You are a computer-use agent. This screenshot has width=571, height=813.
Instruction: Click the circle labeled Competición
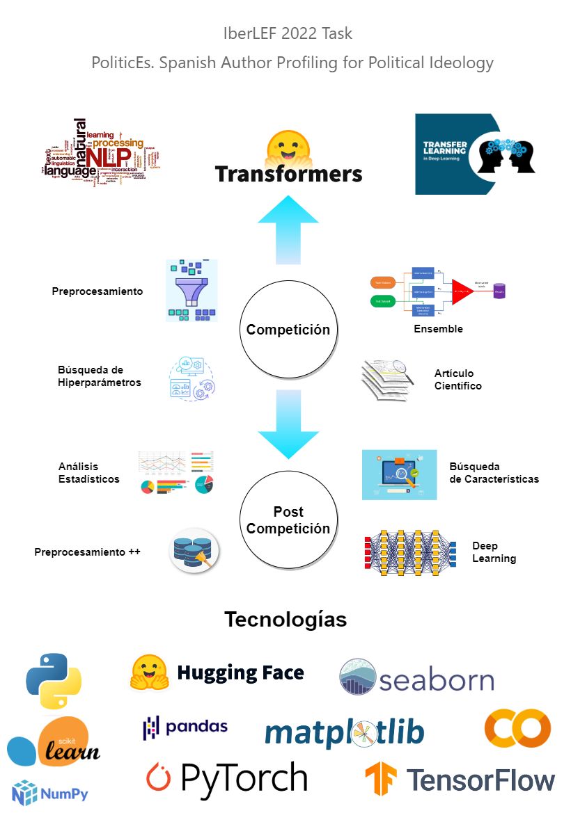pyautogui.click(x=288, y=329)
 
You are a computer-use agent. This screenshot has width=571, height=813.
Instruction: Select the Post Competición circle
pyautogui.click(x=288, y=520)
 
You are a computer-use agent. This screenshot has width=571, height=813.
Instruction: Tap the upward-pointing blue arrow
pyautogui.click(x=288, y=230)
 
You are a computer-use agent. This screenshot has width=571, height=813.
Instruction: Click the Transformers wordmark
pyautogui.click(x=288, y=173)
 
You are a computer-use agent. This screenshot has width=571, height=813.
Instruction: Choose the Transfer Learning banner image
pyautogui.click(x=476, y=154)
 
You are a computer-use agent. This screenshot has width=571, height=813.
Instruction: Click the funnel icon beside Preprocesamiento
pyautogui.click(x=191, y=290)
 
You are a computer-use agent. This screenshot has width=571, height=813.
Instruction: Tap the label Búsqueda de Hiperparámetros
pyautogui.click(x=100, y=376)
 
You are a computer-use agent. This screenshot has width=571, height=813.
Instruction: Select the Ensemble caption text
pyautogui.click(x=438, y=329)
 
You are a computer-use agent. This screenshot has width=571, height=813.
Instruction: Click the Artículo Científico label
pyautogui.click(x=457, y=379)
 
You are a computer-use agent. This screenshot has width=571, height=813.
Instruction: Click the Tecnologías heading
pyautogui.click(x=285, y=619)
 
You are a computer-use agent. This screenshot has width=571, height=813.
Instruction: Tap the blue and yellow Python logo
pyautogui.click(x=54, y=681)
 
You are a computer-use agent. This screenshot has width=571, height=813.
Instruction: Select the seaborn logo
pyautogui.click(x=416, y=677)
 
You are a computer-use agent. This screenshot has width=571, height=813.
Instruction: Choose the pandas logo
pyautogui.click(x=185, y=727)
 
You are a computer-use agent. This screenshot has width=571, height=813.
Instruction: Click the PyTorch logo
pyautogui.click(x=227, y=778)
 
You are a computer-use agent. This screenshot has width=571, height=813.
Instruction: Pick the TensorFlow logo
pyautogui.click(x=460, y=779)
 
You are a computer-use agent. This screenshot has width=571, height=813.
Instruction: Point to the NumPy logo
pyautogui.click(x=50, y=794)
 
